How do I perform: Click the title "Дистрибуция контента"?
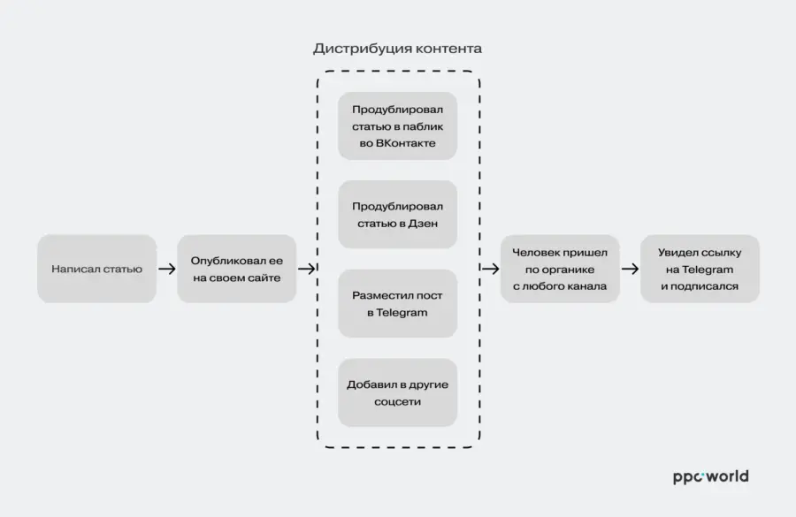coord(397,49)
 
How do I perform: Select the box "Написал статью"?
coord(97,269)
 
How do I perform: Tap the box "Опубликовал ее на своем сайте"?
coord(236,269)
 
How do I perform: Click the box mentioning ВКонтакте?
coord(397,125)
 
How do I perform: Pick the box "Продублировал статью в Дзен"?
coord(397,215)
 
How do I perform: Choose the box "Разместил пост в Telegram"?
coord(397,303)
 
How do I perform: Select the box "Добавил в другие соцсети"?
coord(397,392)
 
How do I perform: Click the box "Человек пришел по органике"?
coord(560,269)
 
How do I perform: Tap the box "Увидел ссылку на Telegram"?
coord(700,269)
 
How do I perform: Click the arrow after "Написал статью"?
coord(167,269)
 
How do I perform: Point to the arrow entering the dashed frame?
coord(307,269)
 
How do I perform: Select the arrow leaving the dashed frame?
coord(490,269)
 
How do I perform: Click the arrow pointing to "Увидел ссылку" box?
coord(630,269)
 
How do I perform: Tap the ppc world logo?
coord(711,477)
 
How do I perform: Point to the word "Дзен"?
coord(424,224)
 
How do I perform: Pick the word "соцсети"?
coord(397,402)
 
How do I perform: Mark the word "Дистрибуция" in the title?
coord(355,49)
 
